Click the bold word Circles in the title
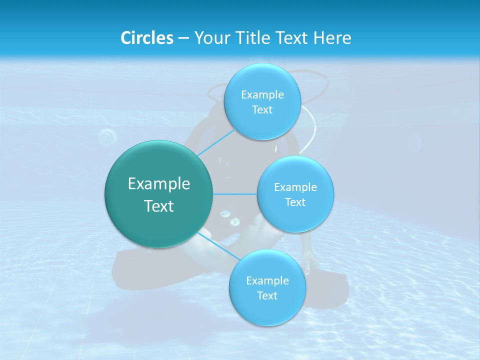(x=147, y=38)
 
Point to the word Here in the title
(x=332, y=38)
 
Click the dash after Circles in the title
(x=183, y=38)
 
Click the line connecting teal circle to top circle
(x=216, y=142)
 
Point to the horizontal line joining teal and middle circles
(x=235, y=194)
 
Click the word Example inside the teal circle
(x=159, y=184)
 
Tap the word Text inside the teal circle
(x=159, y=206)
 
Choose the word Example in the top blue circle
(x=262, y=95)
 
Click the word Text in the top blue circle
(x=262, y=110)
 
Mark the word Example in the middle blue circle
(x=295, y=187)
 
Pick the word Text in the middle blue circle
(x=295, y=202)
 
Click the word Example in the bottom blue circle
(x=267, y=281)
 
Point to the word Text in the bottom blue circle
(x=267, y=296)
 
